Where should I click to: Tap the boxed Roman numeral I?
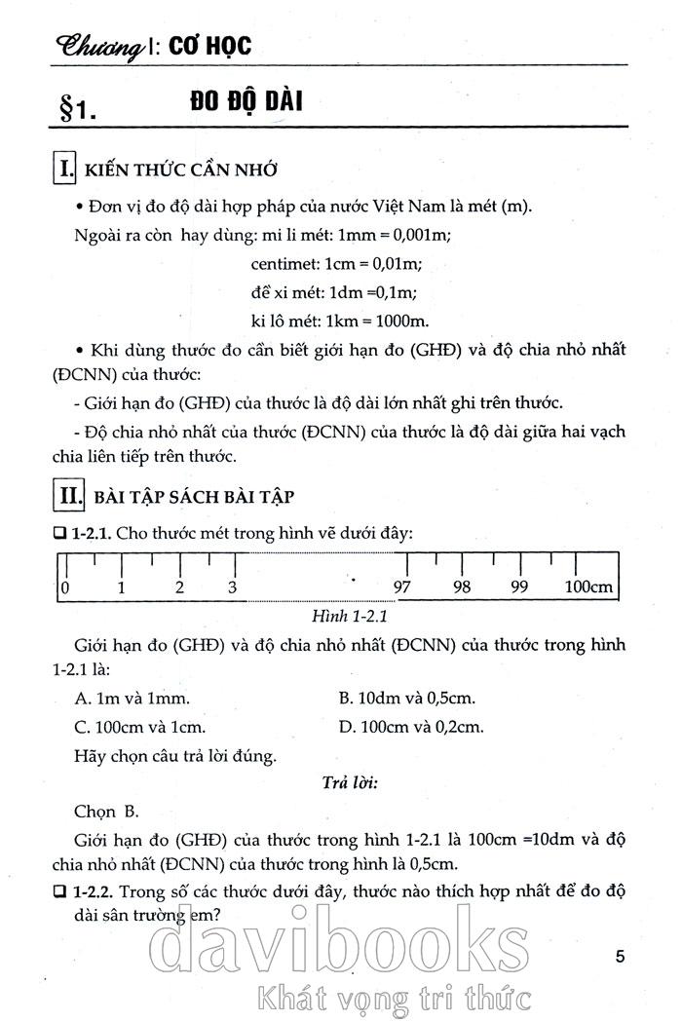pyautogui.click(x=65, y=170)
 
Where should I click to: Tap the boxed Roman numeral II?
pyautogui.click(x=69, y=495)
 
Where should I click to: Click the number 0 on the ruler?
pyautogui.click(x=64, y=587)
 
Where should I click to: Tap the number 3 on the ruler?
pyautogui.click(x=232, y=587)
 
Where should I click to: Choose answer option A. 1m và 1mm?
pyautogui.click(x=132, y=699)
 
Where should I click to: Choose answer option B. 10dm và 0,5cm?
pyautogui.click(x=406, y=699)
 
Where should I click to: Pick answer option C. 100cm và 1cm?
pyautogui.click(x=139, y=726)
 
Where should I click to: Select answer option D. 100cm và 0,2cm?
pyautogui.click(x=411, y=726)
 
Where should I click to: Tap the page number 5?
pyautogui.click(x=621, y=956)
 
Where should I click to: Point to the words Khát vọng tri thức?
pyautogui.click(x=390, y=998)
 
